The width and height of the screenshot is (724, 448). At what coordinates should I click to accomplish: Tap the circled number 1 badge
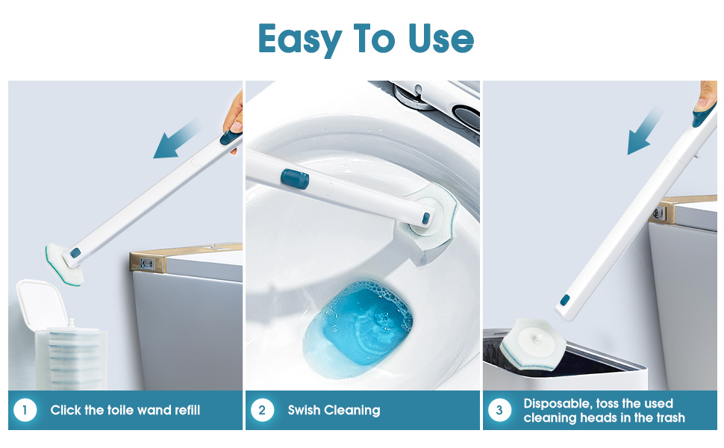[25, 410]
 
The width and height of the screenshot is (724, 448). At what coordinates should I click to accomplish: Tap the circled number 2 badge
[262, 410]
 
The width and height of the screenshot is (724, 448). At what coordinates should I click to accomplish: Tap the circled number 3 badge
[499, 410]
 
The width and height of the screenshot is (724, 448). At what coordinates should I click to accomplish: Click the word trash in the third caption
[667, 417]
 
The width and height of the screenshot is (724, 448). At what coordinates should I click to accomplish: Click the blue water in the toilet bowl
[358, 321]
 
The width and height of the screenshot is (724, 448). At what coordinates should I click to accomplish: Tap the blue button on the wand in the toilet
[294, 179]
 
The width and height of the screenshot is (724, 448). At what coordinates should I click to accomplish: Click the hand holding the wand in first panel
[234, 119]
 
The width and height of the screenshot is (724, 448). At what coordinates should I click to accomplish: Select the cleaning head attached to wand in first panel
[63, 258]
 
